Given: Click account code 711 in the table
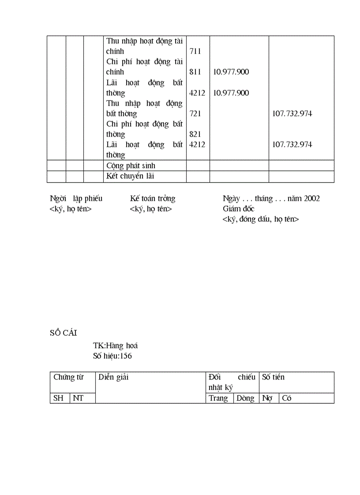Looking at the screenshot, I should (x=195, y=51).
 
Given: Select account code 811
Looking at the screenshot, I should (x=195, y=72).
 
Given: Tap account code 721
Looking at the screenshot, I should (x=195, y=114).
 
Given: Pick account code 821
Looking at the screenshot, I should (x=195, y=134).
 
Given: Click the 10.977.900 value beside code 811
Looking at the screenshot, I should (x=231, y=72).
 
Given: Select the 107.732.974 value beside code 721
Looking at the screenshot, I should (x=292, y=114).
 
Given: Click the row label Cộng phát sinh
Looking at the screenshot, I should (x=131, y=166).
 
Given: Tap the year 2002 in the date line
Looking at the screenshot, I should (x=311, y=198).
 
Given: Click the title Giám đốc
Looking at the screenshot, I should (x=238, y=208).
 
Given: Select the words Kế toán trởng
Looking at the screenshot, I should (x=152, y=198).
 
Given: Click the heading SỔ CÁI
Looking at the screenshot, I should (x=64, y=333).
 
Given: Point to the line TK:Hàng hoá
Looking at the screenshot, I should (x=115, y=346).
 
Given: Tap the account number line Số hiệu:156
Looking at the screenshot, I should (x=112, y=356).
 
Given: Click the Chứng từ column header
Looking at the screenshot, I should (x=68, y=377).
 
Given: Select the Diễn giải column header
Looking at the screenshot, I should (x=113, y=377).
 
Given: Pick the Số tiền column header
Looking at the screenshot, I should (x=273, y=377).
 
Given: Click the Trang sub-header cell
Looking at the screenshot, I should (x=218, y=398).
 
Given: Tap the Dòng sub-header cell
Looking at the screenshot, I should (x=245, y=398).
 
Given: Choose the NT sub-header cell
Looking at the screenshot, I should (x=78, y=398).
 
